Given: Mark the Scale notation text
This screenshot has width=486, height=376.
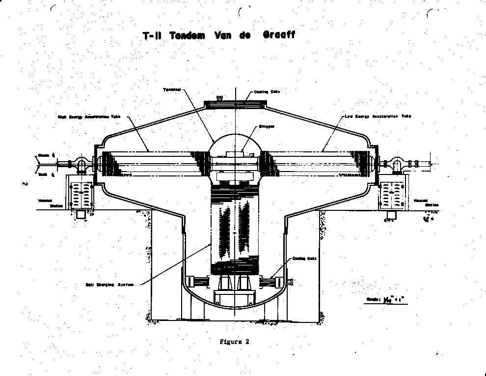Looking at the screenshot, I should point(382,299).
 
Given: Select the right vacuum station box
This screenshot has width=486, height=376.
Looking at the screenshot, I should point(393,195).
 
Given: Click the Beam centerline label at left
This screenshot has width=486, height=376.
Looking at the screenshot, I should point(44,155).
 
